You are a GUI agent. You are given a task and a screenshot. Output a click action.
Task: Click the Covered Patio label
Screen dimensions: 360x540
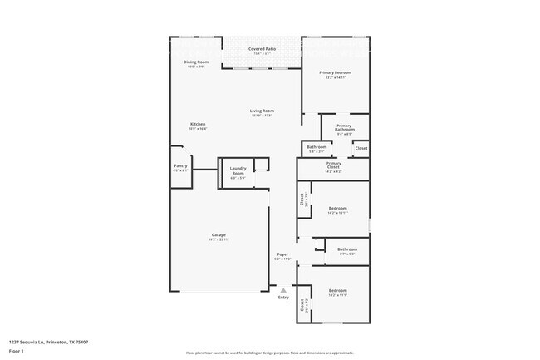tap(263, 49)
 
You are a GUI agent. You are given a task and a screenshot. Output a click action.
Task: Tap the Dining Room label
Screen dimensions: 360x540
tap(196, 62)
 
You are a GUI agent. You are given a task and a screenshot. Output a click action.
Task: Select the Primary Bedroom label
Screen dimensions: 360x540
tap(336, 73)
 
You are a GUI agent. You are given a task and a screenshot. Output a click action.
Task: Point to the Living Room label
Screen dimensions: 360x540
tap(263, 111)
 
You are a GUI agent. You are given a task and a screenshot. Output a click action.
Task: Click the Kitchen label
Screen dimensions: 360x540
tap(197, 125)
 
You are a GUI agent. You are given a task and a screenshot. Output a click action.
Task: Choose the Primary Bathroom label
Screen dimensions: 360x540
tap(345, 128)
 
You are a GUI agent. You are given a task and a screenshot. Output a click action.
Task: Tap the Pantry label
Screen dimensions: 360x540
tap(180, 165)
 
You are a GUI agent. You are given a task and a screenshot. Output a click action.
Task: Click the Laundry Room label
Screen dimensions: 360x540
tap(238, 171)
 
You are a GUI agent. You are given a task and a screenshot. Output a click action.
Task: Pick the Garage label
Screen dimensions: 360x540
tap(218, 235)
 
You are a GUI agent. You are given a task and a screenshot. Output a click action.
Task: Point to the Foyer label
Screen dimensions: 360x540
tap(282, 254)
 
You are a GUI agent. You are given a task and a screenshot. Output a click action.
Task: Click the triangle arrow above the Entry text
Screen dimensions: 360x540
tap(283, 290)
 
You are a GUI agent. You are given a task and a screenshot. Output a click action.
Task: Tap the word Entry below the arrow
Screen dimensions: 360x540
tap(283, 298)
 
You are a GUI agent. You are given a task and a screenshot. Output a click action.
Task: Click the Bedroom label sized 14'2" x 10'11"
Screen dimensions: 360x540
tap(337, 208)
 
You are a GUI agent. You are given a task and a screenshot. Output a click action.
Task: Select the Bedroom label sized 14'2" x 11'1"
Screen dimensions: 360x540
tap(337, 290)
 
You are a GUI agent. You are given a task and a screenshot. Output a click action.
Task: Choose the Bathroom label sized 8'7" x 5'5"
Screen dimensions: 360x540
tap(347, 249)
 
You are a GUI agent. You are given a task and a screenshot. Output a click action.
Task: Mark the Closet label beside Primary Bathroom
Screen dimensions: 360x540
tap(361, 148)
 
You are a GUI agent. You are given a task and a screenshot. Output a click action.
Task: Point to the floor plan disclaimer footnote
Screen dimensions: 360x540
tap(270, 353)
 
